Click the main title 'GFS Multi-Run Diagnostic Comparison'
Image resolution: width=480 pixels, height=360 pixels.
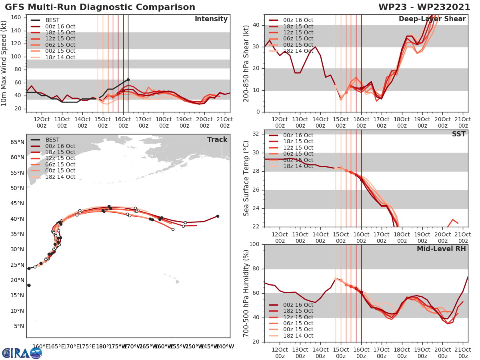100,7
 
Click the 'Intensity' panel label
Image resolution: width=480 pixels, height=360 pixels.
211,19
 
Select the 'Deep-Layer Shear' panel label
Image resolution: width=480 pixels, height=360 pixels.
432,19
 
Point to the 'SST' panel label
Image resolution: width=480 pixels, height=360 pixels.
458,134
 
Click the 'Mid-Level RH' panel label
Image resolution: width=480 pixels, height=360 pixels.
441,249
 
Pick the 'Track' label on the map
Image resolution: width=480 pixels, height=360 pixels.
217,140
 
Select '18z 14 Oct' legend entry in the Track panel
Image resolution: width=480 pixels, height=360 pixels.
60,177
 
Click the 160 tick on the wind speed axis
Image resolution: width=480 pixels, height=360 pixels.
16,18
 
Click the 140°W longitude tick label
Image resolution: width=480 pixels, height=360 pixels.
225,347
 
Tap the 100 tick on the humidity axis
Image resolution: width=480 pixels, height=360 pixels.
254,244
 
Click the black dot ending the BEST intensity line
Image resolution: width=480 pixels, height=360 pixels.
128,80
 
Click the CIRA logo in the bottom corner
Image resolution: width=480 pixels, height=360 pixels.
22,353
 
